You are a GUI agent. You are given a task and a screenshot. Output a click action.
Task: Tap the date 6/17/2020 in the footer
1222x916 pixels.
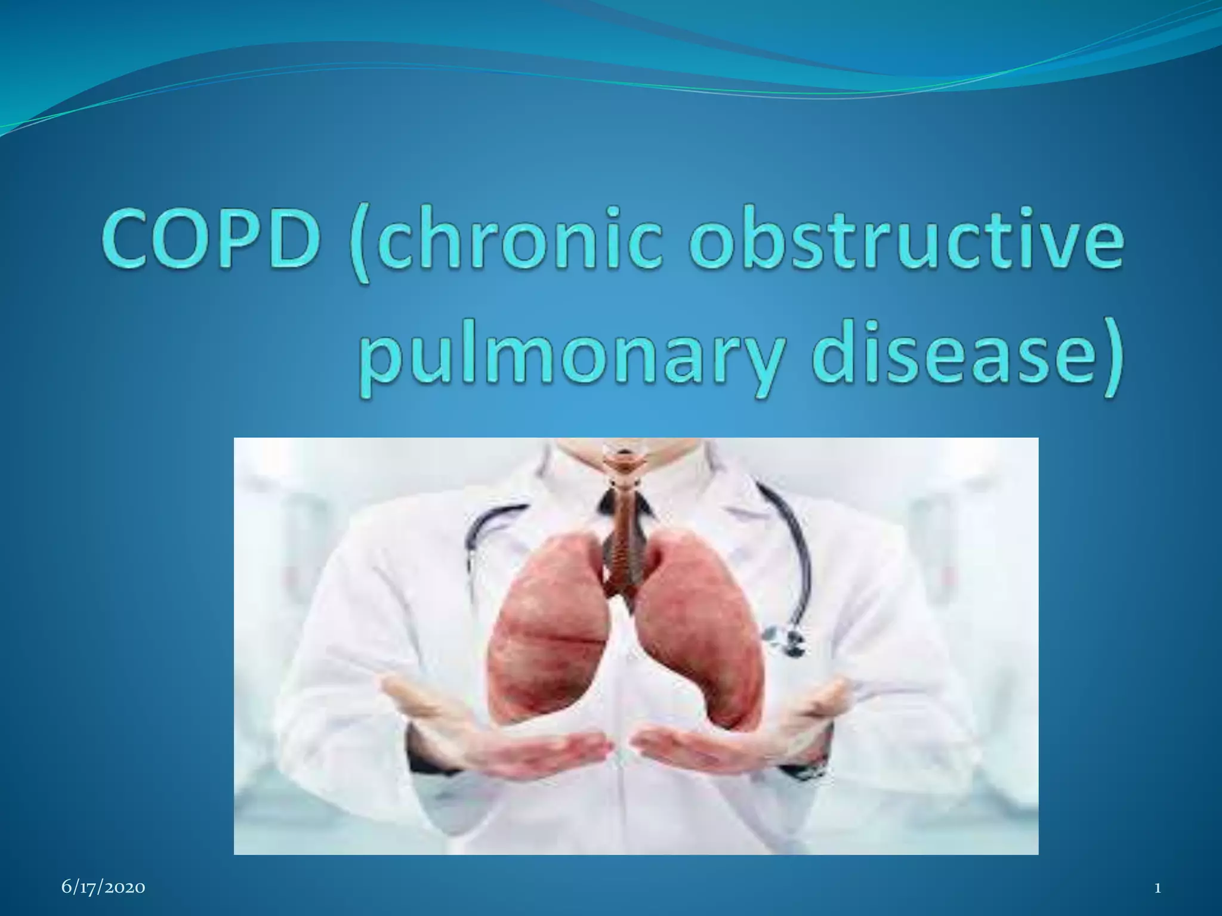click(103, 888)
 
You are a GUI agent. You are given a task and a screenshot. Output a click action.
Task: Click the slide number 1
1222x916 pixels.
click(1158, 888)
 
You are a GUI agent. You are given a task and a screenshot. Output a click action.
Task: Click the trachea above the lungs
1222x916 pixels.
click(624, 519)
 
